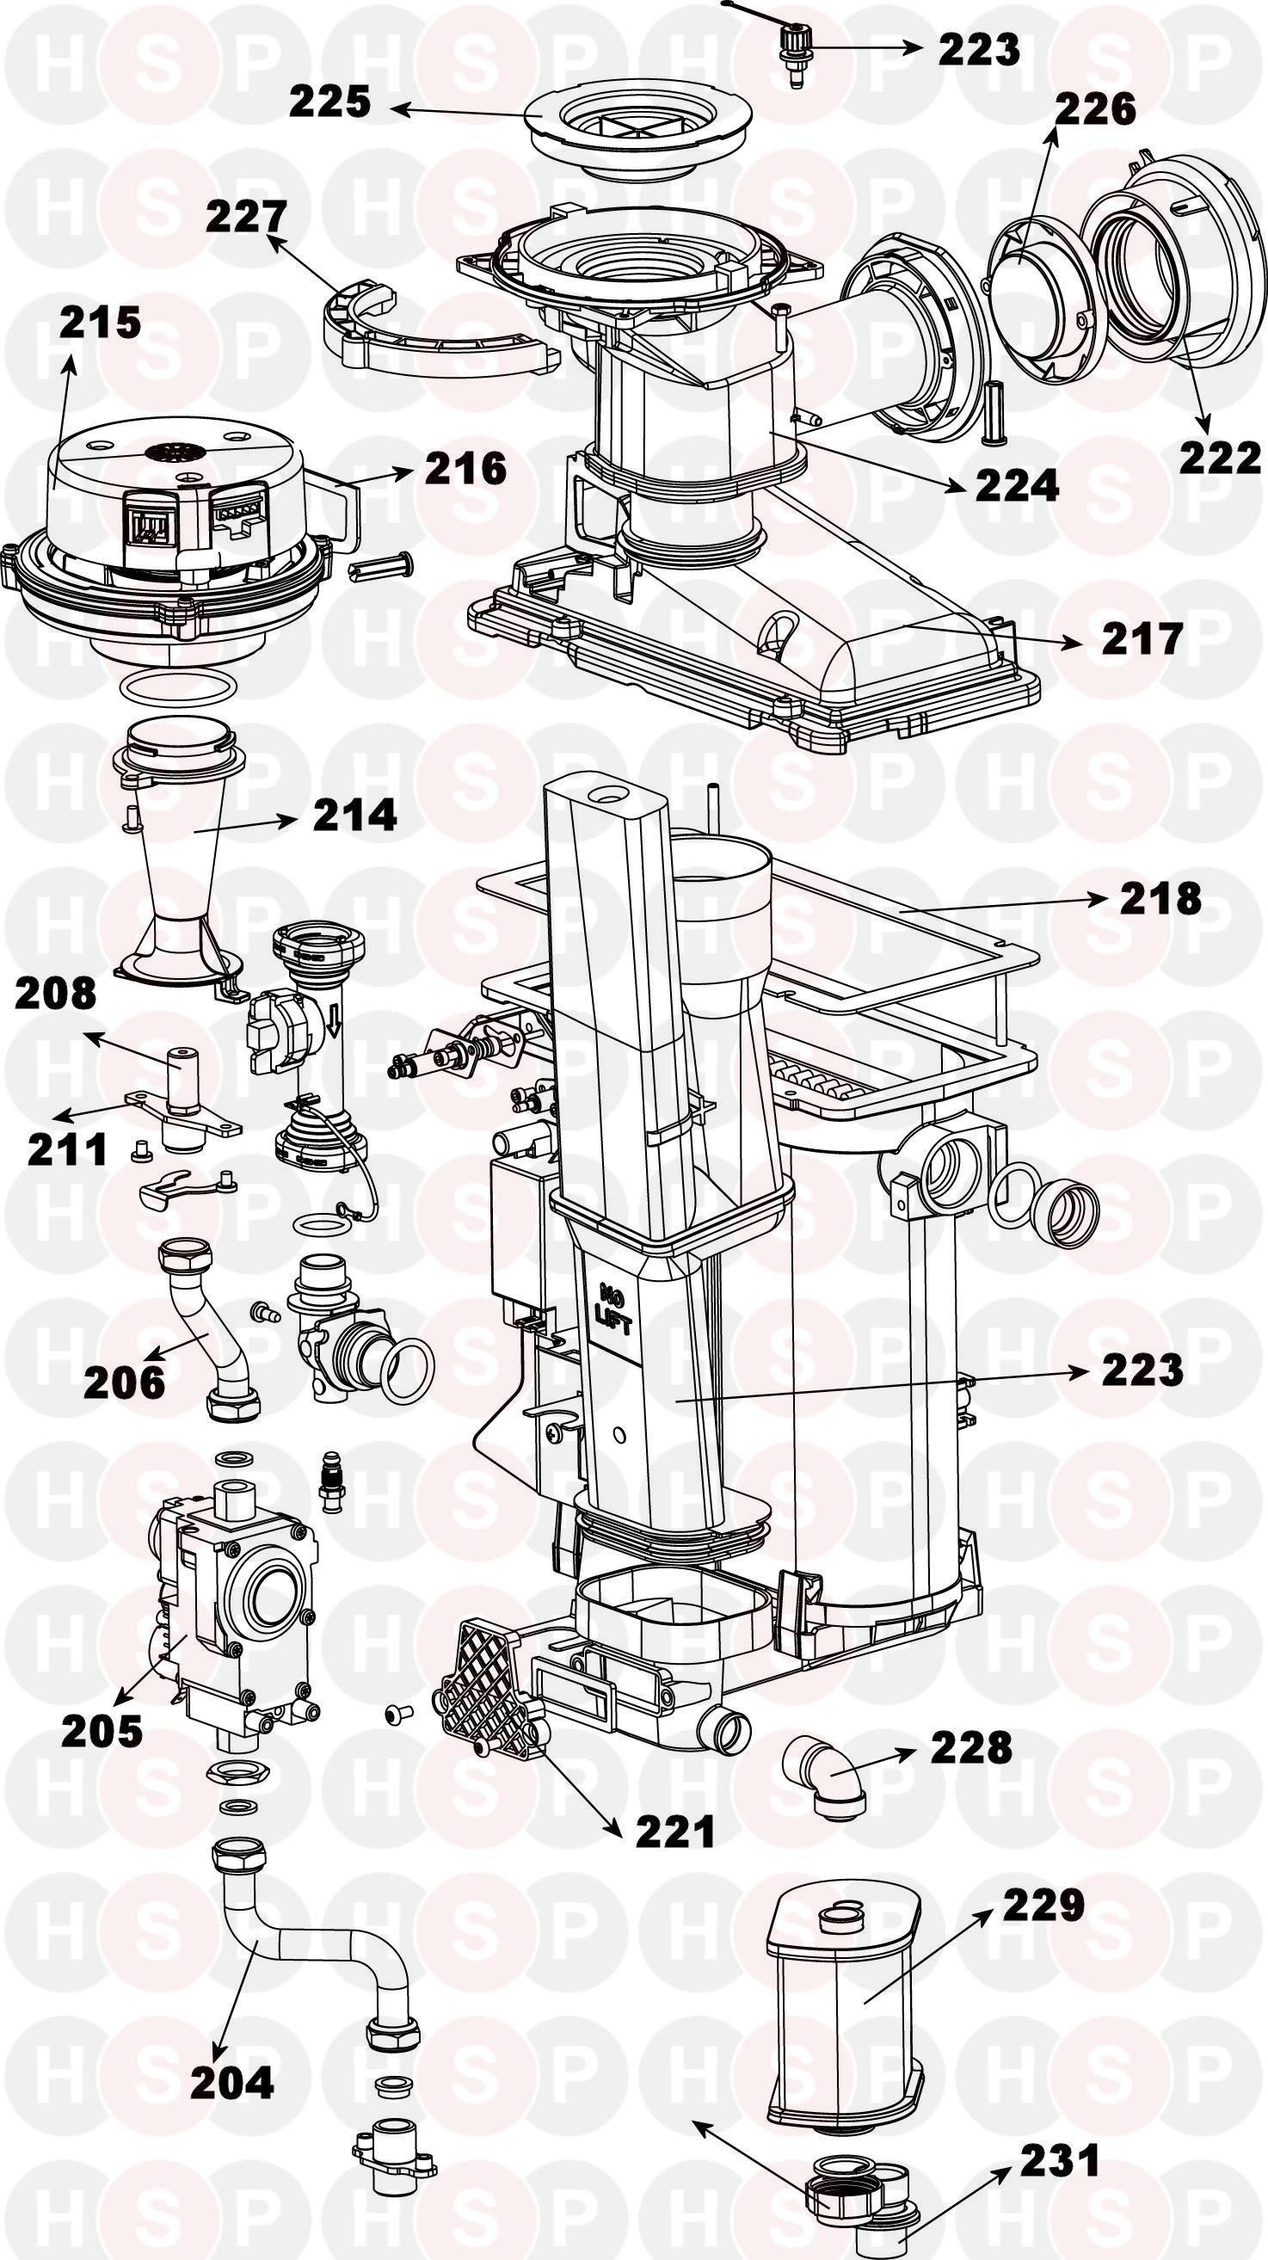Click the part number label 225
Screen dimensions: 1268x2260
(x=331, y=102)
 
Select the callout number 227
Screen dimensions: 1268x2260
(x=247, y=217)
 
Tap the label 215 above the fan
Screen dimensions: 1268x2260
(x=100, y=322)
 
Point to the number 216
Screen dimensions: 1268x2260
(x=466, y=469)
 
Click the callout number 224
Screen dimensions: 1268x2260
(x=1017, y=485)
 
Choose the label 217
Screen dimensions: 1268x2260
(x=1142, y=639)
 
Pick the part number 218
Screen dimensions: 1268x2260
(x=1160, y=898)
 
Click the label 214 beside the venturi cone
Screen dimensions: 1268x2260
(x=355, y=816)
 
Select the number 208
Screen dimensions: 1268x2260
(x=55, y=994)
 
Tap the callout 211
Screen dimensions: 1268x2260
(x=67, y=1150)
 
